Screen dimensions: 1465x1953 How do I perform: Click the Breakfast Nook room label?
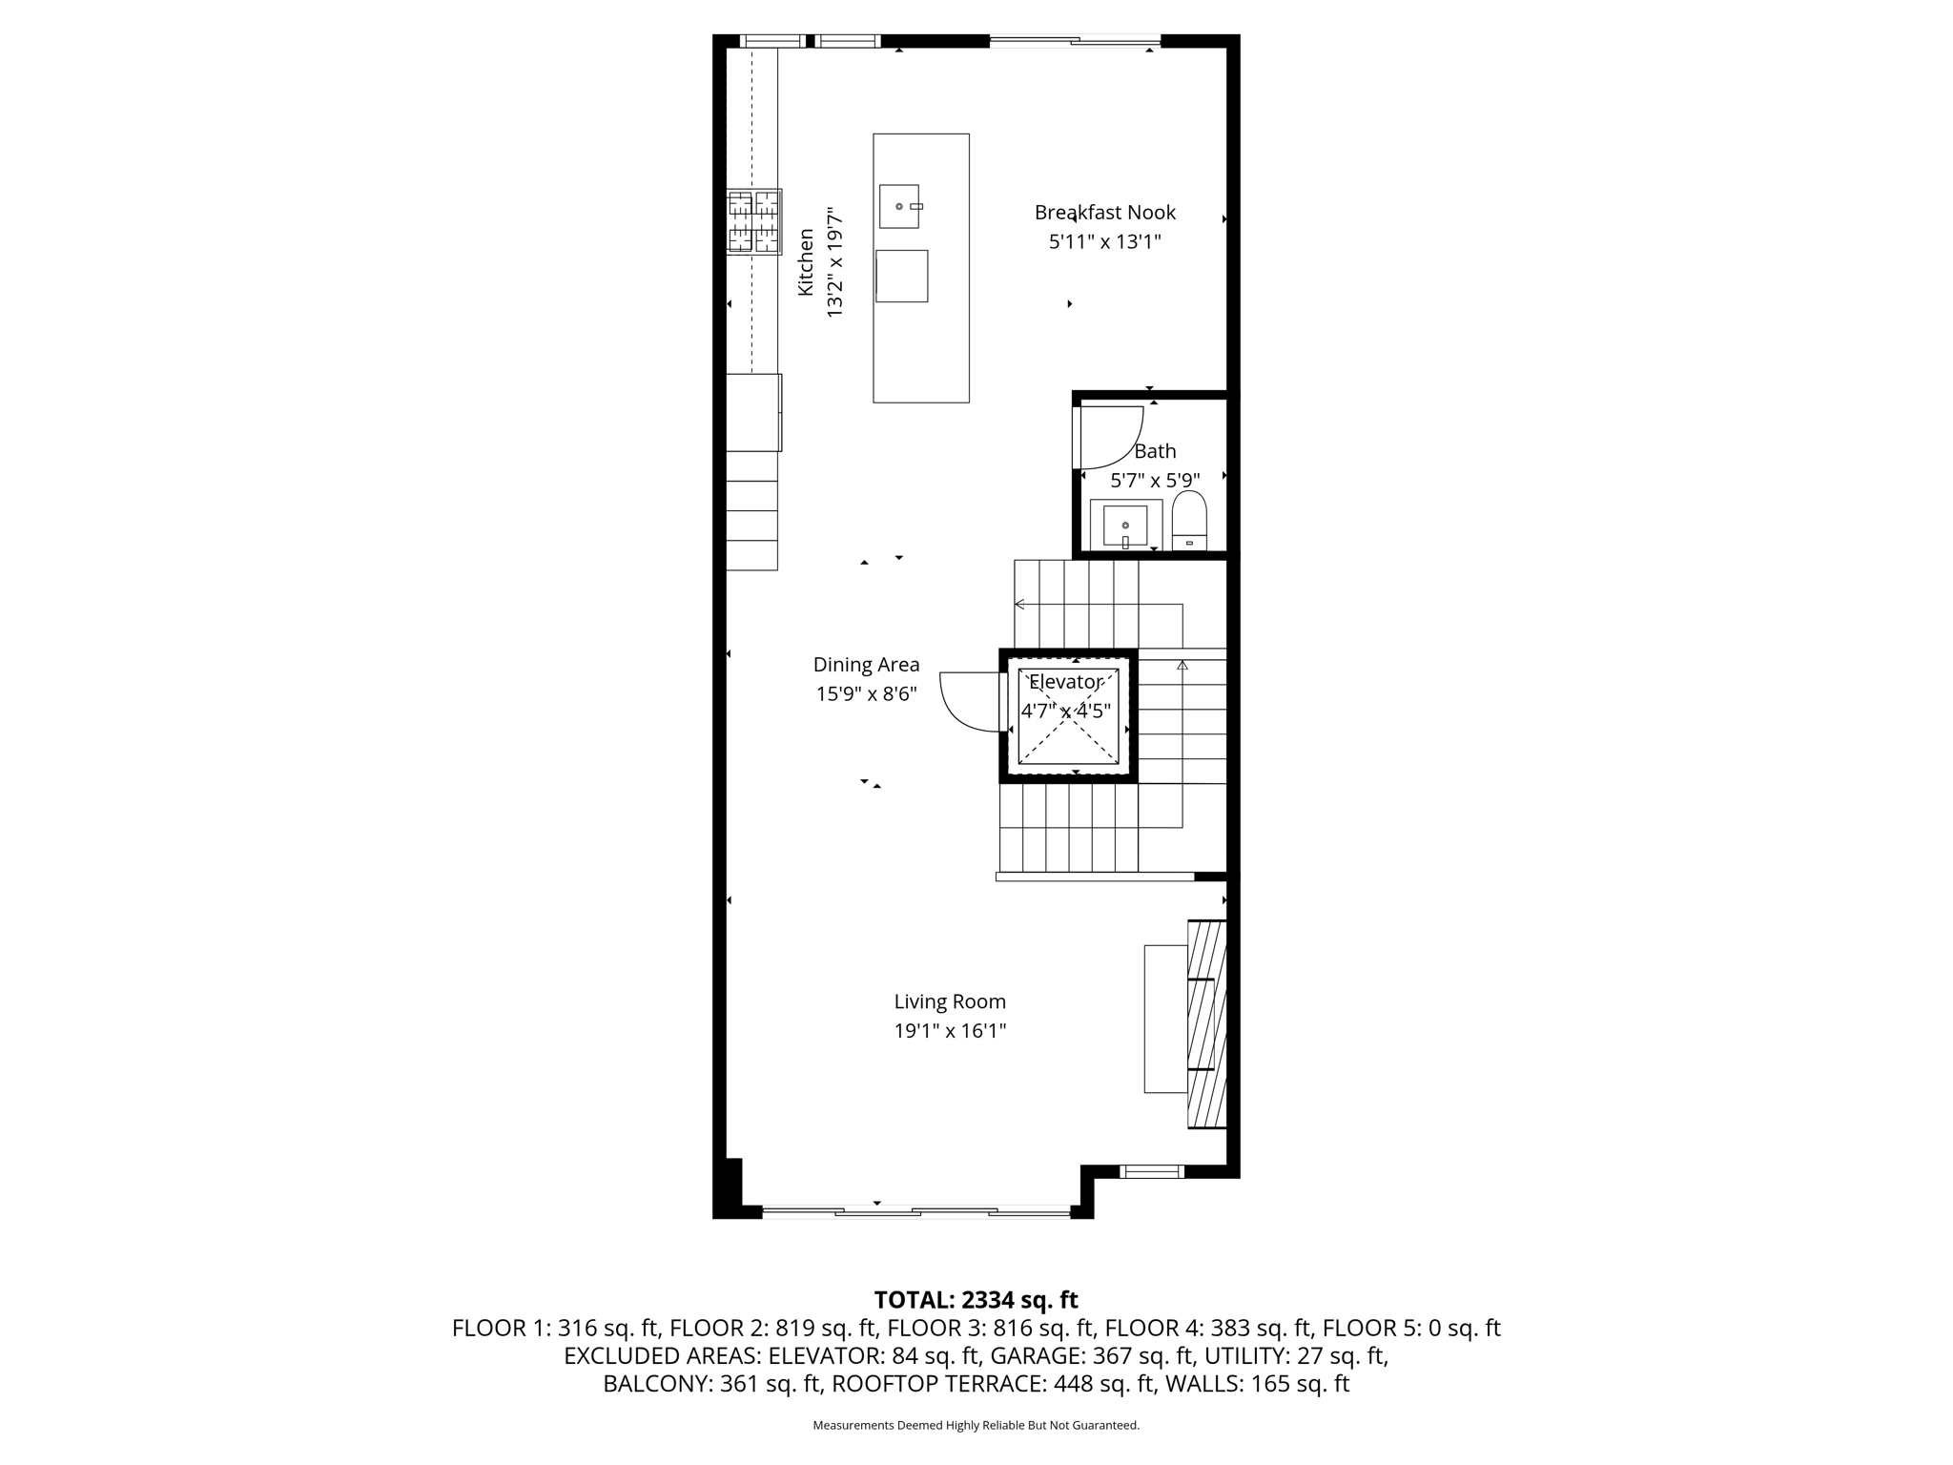click(x=1104, y=213)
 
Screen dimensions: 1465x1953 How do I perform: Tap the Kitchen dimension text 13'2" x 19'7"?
click(x=834, y=262)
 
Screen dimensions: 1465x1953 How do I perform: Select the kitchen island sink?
click(x=899, y=206)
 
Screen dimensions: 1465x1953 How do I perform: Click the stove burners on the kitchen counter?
click(x=753, y=221)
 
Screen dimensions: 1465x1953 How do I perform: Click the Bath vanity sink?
click(x=1125, y=525)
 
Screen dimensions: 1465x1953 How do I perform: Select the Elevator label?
click(x=1065, y=682)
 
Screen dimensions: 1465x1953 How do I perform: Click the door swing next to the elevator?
click(x=968, y=701)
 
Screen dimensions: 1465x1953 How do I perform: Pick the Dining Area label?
click(x=866, y=665)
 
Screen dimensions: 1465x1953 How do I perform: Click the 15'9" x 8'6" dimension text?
click(x=866, y=694)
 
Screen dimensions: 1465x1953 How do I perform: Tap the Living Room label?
click(x=950, y=1001)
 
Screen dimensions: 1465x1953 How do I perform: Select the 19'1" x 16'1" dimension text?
click(x=950, y=1031)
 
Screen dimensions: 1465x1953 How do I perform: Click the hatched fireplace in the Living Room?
click(x=1206, y=1024)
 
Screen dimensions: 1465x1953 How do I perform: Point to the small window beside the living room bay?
click(x=1151, y=1171)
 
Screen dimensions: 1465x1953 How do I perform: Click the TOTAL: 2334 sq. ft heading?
click(x=976, y=1300)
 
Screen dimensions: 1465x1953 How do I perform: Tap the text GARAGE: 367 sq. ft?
click(x=1093, y=1355)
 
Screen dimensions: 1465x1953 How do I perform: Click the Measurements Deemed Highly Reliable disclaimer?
click(x=976, y=1425)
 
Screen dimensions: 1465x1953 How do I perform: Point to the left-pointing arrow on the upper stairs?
click(x=1020, y=604)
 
